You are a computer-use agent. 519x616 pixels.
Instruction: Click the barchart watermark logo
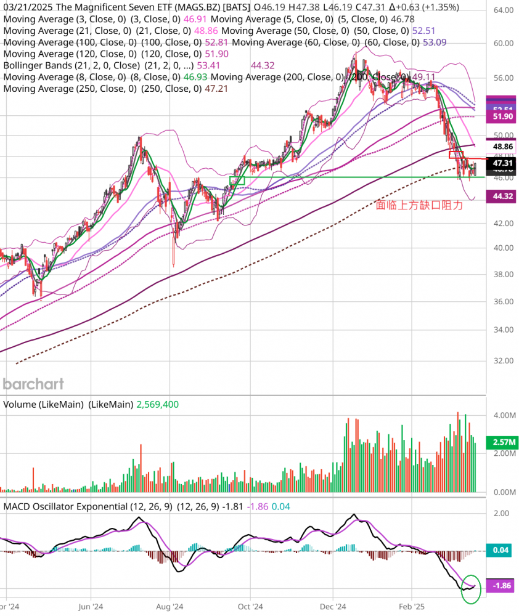point(33,384)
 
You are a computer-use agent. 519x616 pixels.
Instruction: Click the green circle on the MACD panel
point(472,588)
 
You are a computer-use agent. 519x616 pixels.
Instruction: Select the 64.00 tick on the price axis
point(505,10)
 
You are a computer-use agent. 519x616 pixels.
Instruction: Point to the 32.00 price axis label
point(505,360)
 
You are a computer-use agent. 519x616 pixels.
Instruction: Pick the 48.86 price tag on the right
point(505,147)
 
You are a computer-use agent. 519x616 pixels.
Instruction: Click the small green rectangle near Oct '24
point(237,180)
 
